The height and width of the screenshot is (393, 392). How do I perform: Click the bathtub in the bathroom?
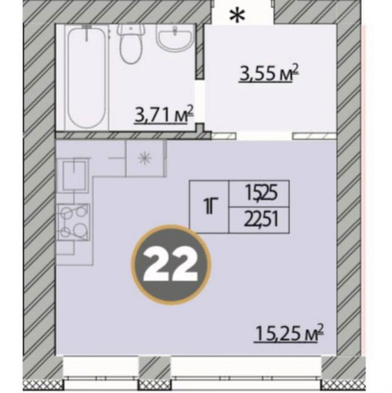(87, 77)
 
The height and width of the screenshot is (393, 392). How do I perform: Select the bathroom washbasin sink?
(175, 38)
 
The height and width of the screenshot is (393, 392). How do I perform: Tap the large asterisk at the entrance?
(237, 16)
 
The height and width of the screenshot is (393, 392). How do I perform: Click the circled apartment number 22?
(171, 266)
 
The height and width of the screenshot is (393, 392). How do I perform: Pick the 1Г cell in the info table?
(209, 207)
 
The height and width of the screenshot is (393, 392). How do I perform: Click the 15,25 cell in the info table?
(259, 194)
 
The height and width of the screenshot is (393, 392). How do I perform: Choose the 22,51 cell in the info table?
(259, 221)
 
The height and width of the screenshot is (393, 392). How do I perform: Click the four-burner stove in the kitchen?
(73, 222)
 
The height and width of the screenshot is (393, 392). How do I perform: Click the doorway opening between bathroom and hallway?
(200, 101)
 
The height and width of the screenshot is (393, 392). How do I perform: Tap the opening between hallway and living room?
(264, 136)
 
